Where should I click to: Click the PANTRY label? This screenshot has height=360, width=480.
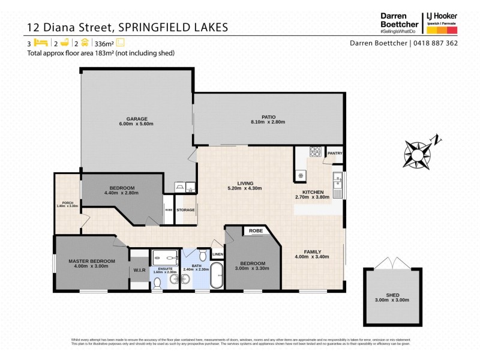(334, 153)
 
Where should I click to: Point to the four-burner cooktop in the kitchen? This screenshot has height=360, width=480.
(315, 152)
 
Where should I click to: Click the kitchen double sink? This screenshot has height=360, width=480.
(338, 181)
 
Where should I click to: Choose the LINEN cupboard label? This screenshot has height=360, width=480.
(217, 254)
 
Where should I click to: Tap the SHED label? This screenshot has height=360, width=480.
(392, 295)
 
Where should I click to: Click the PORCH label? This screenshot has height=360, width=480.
(67, 202)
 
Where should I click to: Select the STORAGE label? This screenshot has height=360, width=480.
(185, 210)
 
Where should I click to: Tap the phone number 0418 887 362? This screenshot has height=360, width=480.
(436, 43)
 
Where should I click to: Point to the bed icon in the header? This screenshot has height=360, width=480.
(41, 43)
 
